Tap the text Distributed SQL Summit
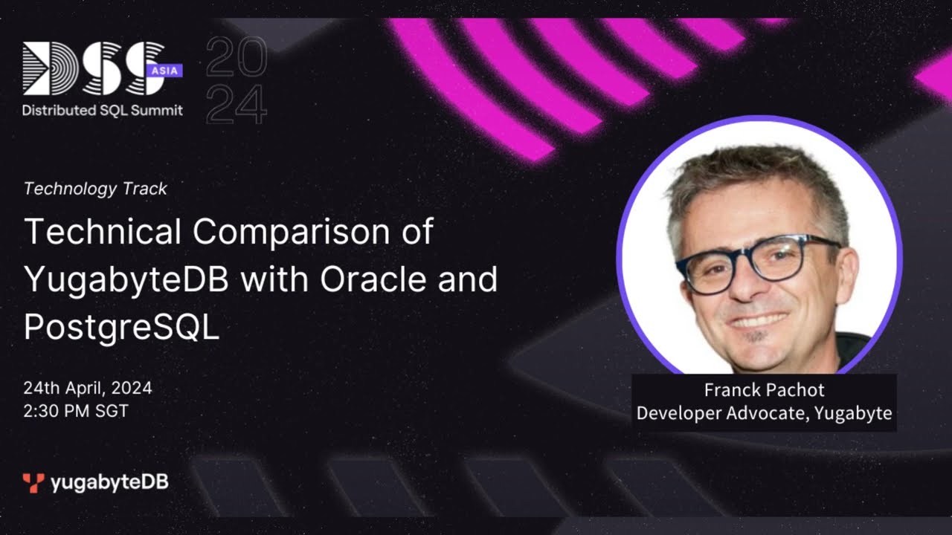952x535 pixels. pyautogui.click(x=102, y=110)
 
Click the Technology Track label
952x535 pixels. pyautogui.click(x=95, y=189)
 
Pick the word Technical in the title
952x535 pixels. pyautogui.click(x=103, y=233)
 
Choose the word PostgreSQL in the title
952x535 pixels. pyautogui.click(x=121, y=328)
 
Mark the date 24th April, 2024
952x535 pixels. pyautogui.click(x=88, y=388)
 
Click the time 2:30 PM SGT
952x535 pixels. pyautogui.click(x=76, y=411)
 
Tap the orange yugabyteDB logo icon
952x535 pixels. pyautogui.click(x=33, y=483)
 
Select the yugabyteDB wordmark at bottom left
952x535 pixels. pyautogui.click(x=109, y=483)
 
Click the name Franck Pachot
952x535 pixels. pyautogui.click(x=764, y=390)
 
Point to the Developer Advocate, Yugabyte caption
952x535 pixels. pyautogui.click(x=764, y=413)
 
